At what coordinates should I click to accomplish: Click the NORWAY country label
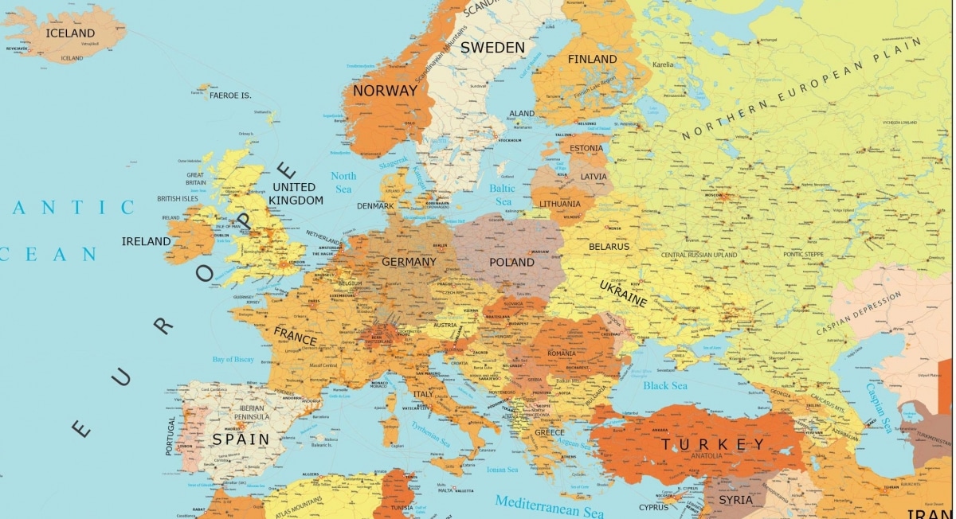pos(385,91)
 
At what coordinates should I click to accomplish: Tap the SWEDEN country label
pos(492,48)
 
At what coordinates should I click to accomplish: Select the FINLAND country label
pos(592,59)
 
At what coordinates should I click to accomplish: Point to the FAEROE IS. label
pos(230,96)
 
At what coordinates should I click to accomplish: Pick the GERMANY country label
pos(409,262)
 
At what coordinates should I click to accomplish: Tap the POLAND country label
pos(511,262)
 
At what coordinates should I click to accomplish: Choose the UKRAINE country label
pos(623,292)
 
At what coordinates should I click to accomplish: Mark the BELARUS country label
pos(609,247)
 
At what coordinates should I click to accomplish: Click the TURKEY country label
pos(713,444)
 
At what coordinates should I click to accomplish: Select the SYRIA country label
pos(735,500)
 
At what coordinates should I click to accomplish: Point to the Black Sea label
pos(665,386)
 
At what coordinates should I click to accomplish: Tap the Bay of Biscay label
pos(233,360)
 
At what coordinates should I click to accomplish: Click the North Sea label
pos(343,182)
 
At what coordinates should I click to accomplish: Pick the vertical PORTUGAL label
pos(170,435)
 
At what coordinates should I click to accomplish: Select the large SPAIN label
pos(240,439)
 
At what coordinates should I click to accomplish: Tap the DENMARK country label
pos(375,206)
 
